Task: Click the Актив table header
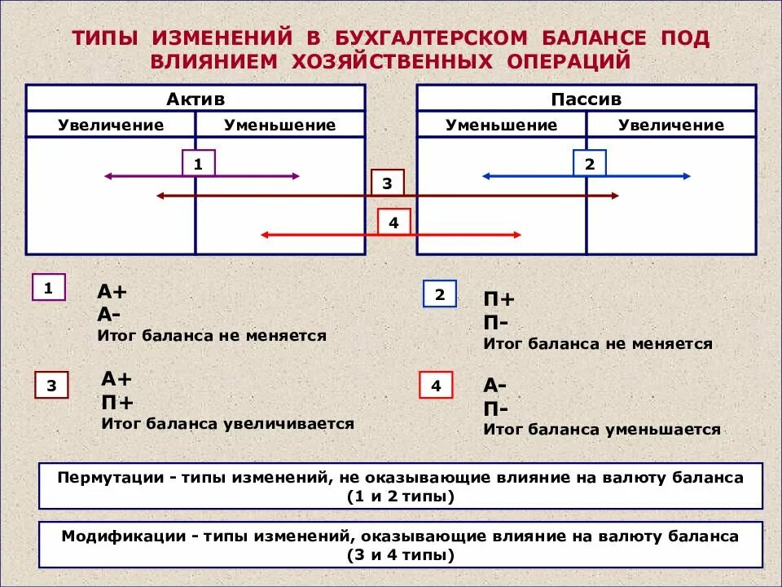click(x=195, y=99)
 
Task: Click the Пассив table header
click(x=586, y=99)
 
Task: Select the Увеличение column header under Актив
click(x=111, y=125)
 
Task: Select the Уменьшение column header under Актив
click(x=280, y=125)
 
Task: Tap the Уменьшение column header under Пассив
click(x=502, y=125)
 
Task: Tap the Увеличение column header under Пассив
click(x=671, y=125)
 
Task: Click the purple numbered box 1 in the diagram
click(x=198, y=164)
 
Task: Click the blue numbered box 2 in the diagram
click(x=590, y=164)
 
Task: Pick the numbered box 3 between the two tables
click(x=387, y=183)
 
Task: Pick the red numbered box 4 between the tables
click(x=394, y=222)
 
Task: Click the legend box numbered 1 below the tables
click(x=48, y=288)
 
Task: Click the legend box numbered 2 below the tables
click(x=440, y=294)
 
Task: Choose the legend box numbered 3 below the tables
click(x=52, y=385)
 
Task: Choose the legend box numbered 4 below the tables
click(x=436, y=385)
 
